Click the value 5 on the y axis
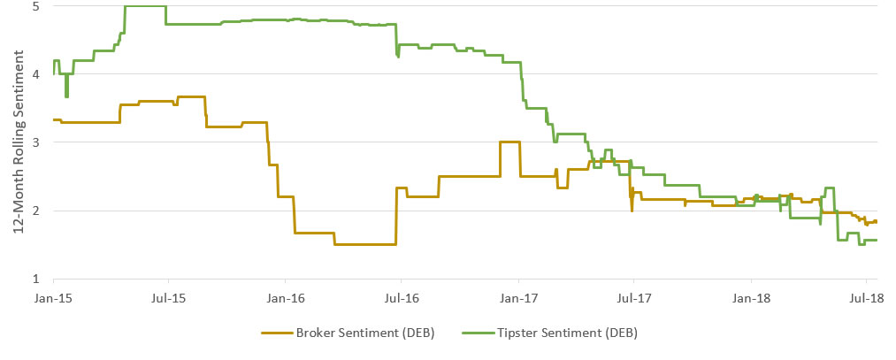tap(35, 6)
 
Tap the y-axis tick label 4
tap(35, 74)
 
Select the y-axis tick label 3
tap(35, 142)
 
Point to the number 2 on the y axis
tap(35, 211)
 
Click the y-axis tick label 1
tap(35, 279)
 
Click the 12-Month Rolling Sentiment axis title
tap(17, 142)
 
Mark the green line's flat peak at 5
tap(145, 6)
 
